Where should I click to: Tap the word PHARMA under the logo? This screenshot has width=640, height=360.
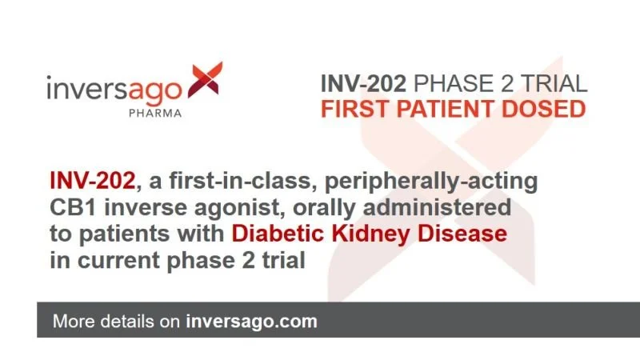pos(154,113)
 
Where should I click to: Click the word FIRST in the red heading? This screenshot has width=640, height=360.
pos(354,110)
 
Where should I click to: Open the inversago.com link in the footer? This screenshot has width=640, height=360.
pos(251,322)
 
